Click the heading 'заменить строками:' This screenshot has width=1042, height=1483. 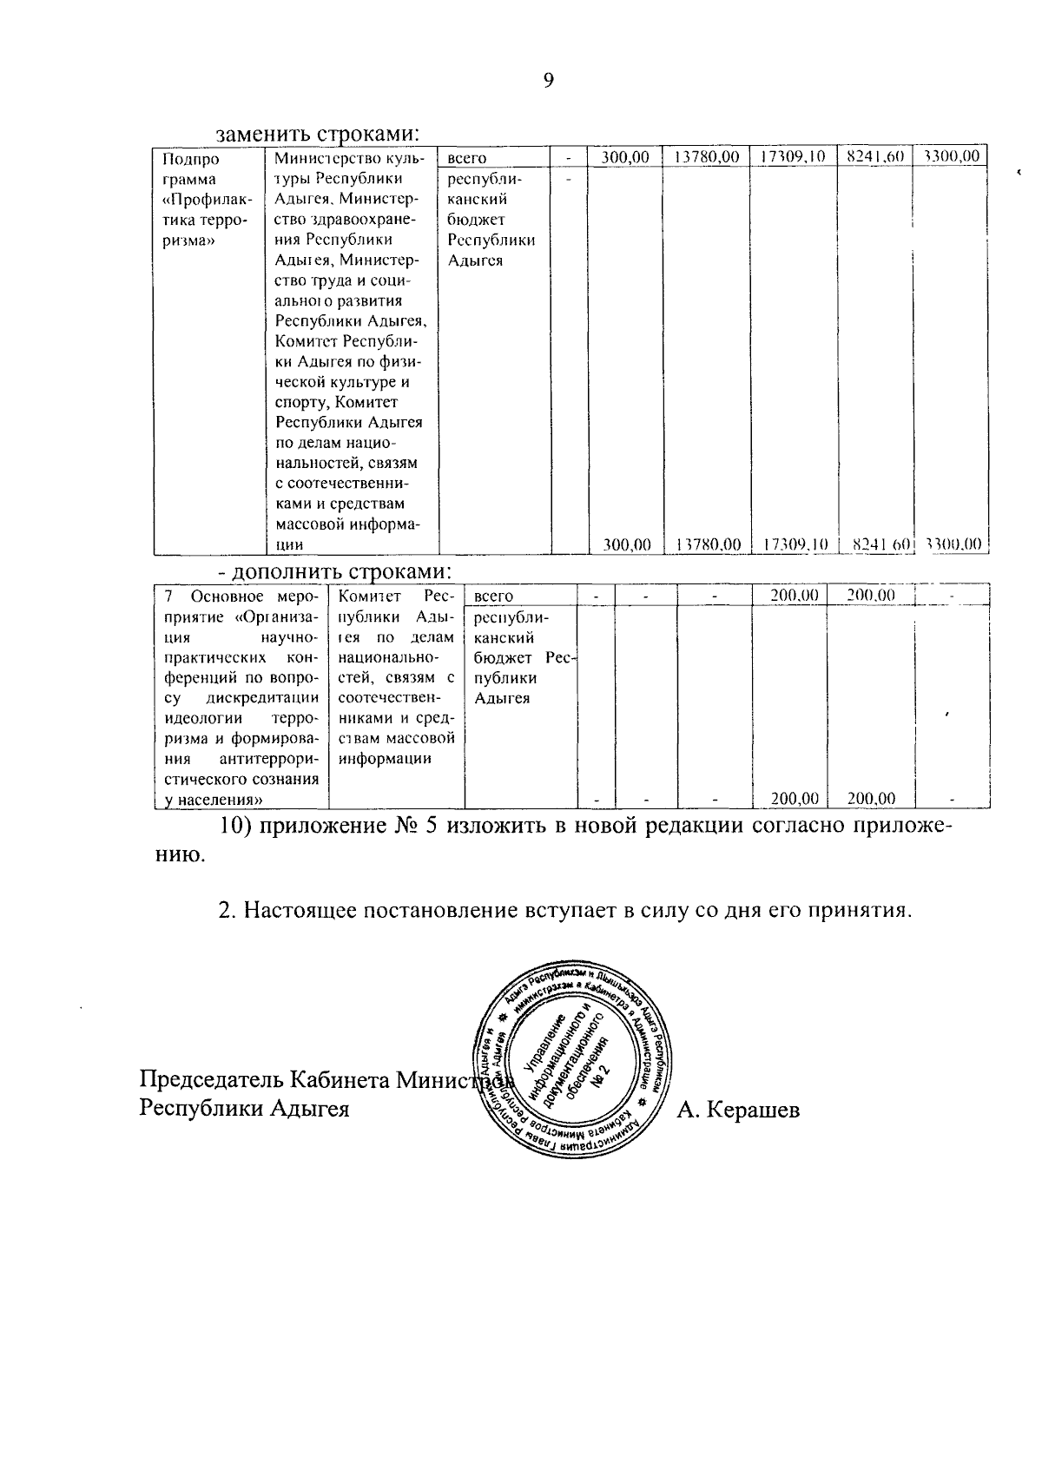point(318,135)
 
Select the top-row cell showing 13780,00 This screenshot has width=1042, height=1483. point(706,157)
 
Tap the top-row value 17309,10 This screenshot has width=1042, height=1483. point(793,157)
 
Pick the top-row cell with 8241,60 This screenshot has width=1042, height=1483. point(874,157)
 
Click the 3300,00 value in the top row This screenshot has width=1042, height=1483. point(952,157)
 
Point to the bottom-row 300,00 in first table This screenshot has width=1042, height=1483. point(627,544)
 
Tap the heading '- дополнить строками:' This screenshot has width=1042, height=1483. point(334,571)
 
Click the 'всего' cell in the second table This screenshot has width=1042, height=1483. point(494,596)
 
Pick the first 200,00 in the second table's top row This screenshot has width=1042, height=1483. point(795,596)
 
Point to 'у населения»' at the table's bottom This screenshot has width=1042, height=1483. point(214,799)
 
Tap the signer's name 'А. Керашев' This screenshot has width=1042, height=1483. point(738,1109)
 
